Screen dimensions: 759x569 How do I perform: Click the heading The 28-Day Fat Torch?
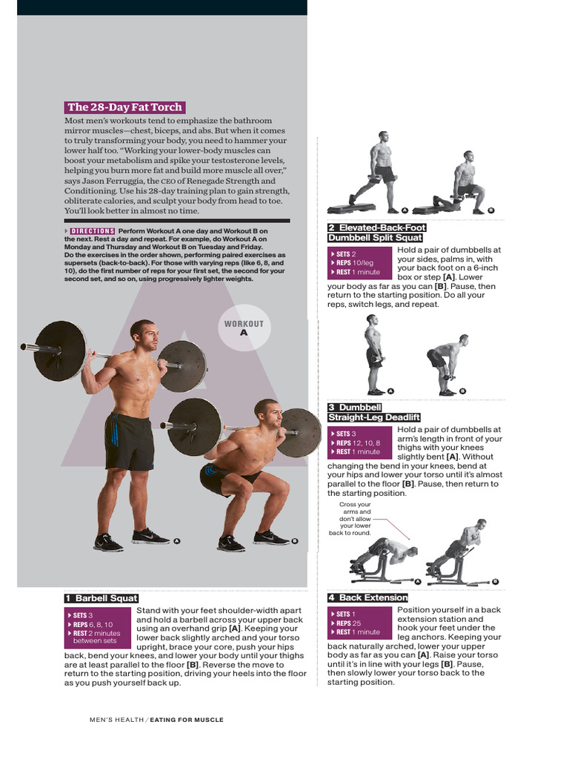click(124, 107)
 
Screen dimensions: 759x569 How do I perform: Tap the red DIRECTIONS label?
click(93, 231)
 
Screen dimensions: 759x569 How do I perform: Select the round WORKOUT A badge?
click(244, 328)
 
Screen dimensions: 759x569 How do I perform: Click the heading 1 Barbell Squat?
click(102, 598)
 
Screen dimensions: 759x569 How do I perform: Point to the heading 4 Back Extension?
click(368, 597)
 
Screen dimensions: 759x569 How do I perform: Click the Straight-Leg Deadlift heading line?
click(374, 417)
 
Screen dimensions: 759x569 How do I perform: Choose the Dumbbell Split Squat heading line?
click(375, 238)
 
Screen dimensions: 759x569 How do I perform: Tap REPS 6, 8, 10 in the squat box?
click(92, 624)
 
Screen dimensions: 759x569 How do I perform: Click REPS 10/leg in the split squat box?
click(355, 263)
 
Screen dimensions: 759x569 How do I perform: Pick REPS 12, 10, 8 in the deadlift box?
click(359, 443)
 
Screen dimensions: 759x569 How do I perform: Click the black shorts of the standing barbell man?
click(129, 441)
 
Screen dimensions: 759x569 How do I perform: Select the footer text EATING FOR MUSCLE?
click(187, 720)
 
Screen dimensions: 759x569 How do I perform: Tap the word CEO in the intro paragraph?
click(168, 181)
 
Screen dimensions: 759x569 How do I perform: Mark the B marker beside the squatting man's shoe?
click(294, 541)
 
